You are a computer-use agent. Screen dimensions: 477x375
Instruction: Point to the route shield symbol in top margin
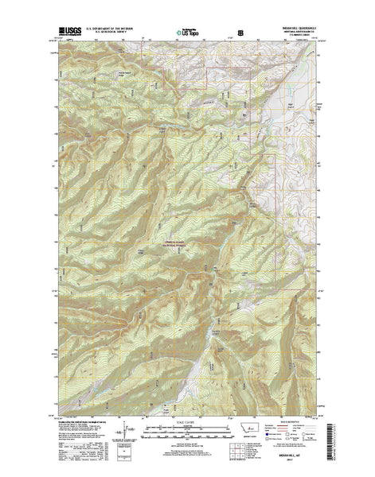click(x=230, y=33)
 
